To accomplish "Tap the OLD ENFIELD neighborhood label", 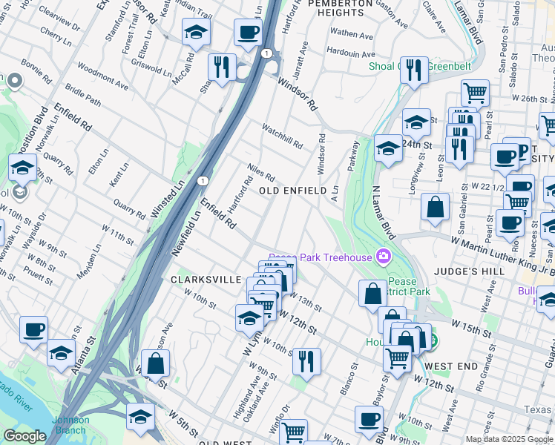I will (x=292, y=191).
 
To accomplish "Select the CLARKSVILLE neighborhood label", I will (x=206, y=280).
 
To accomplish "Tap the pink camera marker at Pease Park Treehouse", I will (x=384, y=257).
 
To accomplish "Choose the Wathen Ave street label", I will (x=352, y=34).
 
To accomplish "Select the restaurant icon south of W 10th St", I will (x=306, y=360).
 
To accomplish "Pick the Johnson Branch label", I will (x=70, y=425).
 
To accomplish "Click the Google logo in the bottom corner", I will (x=24, y=436).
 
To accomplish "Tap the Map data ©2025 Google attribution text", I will (x=509, y=439).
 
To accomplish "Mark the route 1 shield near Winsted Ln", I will (x=203, y=179).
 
